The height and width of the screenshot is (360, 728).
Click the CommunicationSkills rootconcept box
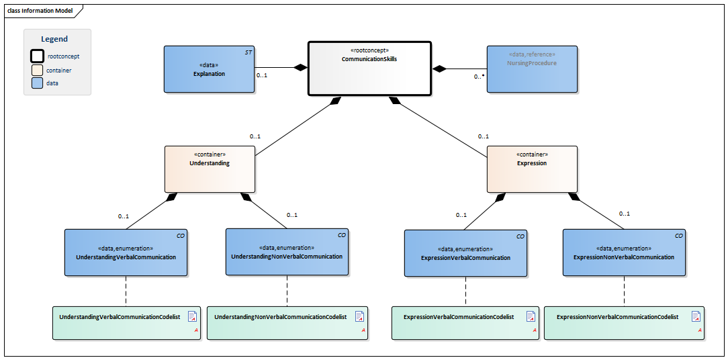369,68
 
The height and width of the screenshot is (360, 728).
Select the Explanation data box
209,69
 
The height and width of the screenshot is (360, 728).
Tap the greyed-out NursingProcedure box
531,69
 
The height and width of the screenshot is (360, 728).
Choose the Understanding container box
210,169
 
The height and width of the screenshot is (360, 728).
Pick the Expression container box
531,169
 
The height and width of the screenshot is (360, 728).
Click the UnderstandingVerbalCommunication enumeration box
126,253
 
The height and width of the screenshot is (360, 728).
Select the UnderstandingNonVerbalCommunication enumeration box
287,252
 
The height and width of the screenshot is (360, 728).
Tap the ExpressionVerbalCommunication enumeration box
465,253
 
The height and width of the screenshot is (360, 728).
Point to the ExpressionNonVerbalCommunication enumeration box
624,253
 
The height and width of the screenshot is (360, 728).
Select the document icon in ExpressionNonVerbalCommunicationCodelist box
696,316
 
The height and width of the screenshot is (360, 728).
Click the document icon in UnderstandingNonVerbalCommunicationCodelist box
359,316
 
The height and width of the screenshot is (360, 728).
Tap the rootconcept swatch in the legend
38,56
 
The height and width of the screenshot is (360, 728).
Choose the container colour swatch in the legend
38,70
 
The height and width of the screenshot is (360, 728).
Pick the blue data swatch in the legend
38,83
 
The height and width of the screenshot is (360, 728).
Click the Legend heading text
54,39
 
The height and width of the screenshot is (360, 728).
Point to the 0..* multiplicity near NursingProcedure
479,77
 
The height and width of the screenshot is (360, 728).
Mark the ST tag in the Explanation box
248,52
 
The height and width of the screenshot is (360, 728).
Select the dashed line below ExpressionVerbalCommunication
465,291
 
